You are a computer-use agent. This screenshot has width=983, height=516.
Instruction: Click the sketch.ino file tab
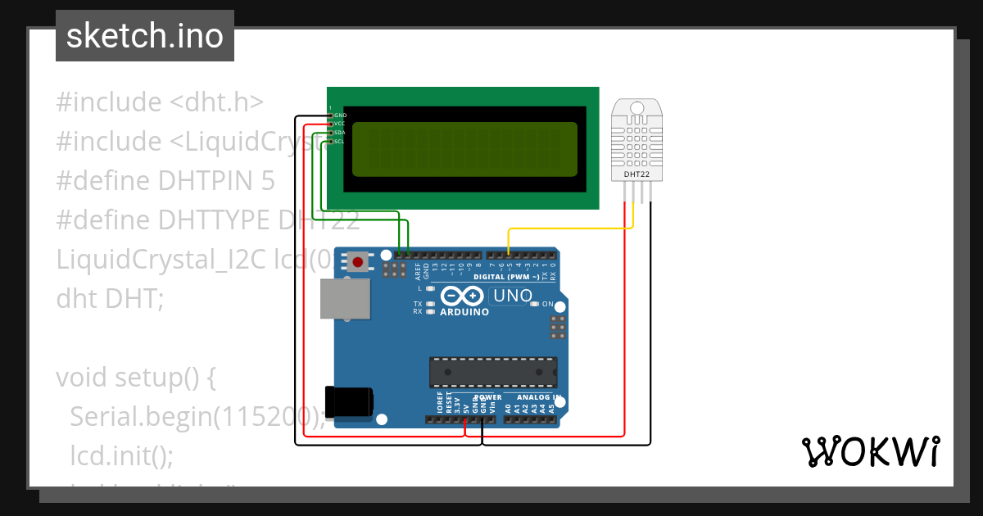(x=145, y=36)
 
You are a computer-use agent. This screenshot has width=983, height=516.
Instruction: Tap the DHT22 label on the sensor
(x=637, y=174)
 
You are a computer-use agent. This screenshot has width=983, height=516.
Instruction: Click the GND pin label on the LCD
(x=340, y=115)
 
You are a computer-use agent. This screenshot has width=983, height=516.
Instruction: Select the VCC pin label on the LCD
(x=340, y=124)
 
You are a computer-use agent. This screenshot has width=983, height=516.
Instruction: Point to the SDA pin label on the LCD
(x=340, y=133)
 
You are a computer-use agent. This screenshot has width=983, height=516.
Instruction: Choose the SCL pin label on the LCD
(x=340, y=142)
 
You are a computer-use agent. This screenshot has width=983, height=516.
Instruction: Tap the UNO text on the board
(x=513, y=295)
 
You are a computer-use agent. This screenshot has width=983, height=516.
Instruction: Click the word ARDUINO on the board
(x=464, y=312)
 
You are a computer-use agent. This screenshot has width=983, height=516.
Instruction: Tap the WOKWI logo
(x=870, y=451)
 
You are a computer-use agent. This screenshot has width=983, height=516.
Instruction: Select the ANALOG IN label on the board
(x=538, y=397)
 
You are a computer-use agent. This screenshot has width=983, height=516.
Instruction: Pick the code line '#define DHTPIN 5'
(x=165, y=180)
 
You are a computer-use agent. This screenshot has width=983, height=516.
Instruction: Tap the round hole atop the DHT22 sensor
(x=637, y=106)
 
